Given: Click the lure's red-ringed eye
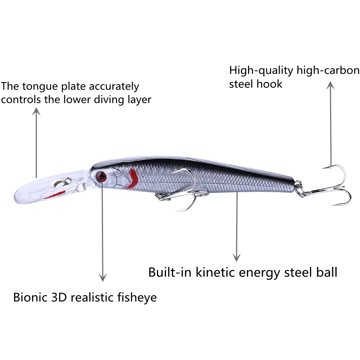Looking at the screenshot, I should [101, 176].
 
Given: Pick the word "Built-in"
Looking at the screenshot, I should [170, 272].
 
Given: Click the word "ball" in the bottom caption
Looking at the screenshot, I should [325, 272].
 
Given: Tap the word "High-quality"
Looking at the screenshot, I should [261, 70].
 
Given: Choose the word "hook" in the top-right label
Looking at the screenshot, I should [270, 84].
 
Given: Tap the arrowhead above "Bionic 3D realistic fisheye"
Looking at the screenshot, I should [103, 277].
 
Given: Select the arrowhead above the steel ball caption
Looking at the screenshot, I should [236, 257].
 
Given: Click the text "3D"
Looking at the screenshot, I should [60, 297].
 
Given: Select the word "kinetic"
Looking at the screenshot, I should [216, 272].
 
